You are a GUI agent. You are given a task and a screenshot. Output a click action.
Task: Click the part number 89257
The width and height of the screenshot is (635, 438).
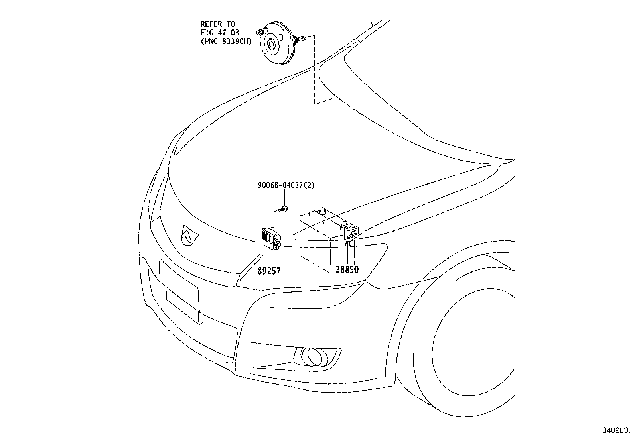(x=268, y=271)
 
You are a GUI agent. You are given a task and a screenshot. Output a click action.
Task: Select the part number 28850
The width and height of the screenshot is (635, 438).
(x=347, y=269)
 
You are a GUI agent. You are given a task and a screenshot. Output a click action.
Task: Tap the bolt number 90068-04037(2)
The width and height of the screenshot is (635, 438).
(x=283, y=185)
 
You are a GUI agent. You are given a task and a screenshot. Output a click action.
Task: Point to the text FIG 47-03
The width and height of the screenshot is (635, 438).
(x=219, y=33)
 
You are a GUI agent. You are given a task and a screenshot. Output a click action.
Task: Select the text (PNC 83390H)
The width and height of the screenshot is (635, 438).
(x=226, y=41)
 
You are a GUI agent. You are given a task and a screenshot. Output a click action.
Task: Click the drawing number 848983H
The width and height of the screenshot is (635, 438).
(x=618, y=430)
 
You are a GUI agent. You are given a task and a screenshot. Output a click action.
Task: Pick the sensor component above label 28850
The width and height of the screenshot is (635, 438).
(x=351, y=233)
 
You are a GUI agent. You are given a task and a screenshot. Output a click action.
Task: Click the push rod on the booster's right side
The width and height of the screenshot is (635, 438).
(x=302, y=39)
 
